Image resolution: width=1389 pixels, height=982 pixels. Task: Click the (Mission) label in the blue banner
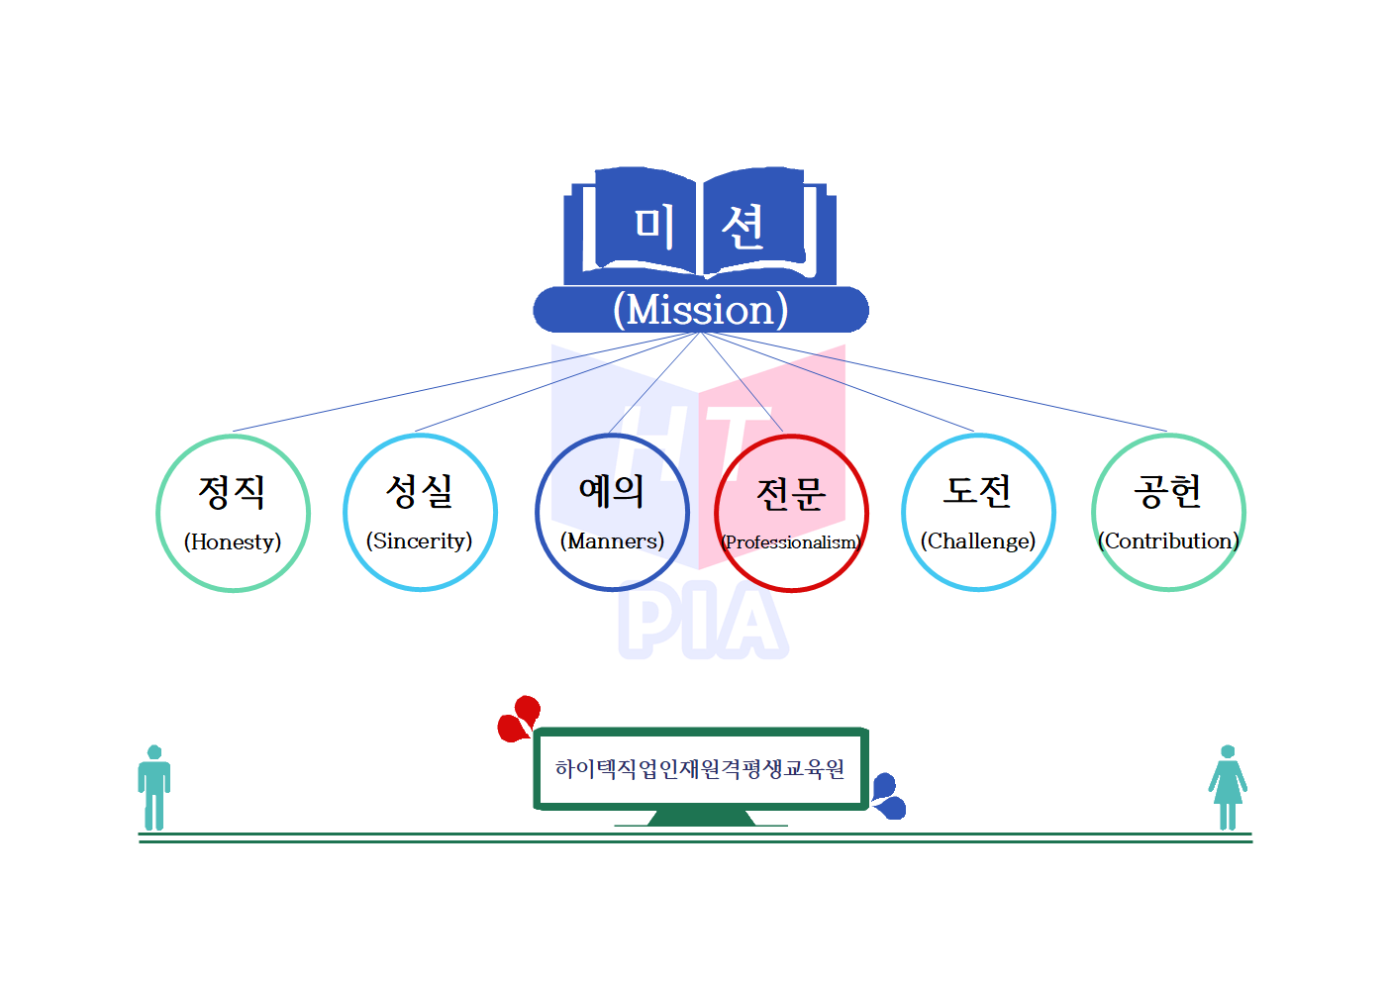[x=700, y=310]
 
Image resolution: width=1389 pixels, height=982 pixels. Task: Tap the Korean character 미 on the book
[x=654, y=225]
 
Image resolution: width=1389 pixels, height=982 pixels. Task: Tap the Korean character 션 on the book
[x=743, y=227]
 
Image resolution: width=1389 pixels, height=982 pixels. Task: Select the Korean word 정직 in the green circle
[x=232, y=491]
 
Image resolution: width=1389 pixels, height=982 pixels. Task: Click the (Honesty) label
[x=233, y=541]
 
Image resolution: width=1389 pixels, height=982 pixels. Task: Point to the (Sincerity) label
[x=419, y=540]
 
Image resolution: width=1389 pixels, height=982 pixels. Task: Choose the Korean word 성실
[x=420, y=490]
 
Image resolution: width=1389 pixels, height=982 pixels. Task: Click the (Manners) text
[x=612, y=540]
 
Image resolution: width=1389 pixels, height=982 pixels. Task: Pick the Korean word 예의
[x=611, y=490]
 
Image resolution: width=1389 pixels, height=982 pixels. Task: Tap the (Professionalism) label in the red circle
[x=791, y=542]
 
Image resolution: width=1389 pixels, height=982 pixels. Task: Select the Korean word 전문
[x=790, y=493]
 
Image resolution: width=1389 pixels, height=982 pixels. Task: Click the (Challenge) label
[x=978, y=540]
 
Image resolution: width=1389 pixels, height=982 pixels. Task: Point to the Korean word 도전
[x=977, y=490]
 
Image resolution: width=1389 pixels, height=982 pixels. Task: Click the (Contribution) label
[x=1168, y=540]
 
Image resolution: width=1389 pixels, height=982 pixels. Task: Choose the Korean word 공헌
[x=1168, y=490]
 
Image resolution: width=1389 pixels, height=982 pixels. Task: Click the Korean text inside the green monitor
[x=700, y=769]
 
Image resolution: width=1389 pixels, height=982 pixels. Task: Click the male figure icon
[x=153, y=788]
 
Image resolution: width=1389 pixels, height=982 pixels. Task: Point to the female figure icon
[x=1228, y=788]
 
